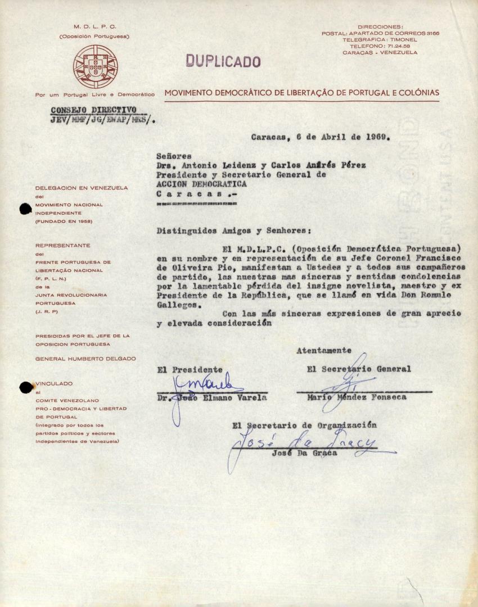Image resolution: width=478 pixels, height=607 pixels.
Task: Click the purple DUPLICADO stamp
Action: tap(223, 61)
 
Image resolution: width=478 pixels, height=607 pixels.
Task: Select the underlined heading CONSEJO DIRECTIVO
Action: tap(93, 110)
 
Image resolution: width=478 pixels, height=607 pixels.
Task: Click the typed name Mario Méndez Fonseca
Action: tap(356, 397)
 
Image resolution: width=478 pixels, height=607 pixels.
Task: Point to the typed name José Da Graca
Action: tap(304, 454)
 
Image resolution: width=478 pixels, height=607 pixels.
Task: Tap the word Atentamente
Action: tap(323, 350)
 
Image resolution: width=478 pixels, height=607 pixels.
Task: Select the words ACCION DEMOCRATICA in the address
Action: tap(201, 184)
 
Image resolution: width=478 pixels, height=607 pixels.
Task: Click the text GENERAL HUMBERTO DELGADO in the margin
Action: tap(85, 359)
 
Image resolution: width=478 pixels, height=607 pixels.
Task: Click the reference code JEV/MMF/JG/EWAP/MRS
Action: tap(102, 119)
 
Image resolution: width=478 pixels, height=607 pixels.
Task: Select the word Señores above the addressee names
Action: tap(174, 156)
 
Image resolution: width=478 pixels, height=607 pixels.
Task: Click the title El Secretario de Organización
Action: tap(304, 425)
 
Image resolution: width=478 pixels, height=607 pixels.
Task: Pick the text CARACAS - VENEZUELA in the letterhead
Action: tap(380, 52)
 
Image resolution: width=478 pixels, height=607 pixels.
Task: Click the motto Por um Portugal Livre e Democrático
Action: tap(95, 94)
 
